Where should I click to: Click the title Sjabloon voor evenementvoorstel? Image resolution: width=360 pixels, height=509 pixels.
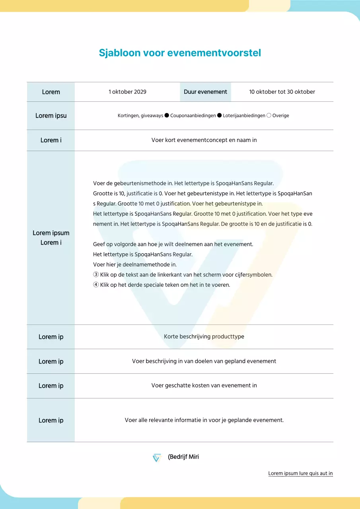pyautogui.click(x=180, y=53)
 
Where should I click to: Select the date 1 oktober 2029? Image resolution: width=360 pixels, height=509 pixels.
pyautogui.click(x=127, y=92)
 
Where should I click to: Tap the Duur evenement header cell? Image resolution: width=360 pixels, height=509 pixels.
pyautogui.click(x=205, y=92)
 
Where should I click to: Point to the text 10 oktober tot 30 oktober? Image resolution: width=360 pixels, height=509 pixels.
pyautogui.click(x=282, y=92)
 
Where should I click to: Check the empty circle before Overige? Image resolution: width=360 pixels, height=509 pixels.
pyautogui.click(x=269, y=115)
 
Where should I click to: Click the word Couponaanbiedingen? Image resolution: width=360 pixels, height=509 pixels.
pyautogui.click(x=193, y=116)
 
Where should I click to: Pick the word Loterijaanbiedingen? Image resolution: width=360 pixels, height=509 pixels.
pyautogui.click(x=244, y=116)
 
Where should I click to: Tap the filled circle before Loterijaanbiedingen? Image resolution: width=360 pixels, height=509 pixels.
pyautogui.click(x=219, y=115)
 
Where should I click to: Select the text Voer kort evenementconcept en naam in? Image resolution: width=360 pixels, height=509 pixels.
pyautogui.click(x=204, y=140)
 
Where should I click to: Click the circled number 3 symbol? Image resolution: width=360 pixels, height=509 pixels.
pyautogui.click(x=96, y=275)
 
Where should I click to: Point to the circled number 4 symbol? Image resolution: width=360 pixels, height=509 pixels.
pyautogui.click(x=96, y=285)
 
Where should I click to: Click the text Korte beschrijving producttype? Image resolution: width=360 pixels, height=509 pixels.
pyautogui.click(x=204, y=336)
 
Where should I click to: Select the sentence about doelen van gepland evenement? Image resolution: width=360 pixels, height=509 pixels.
pyautogui.click(x=204, y=361)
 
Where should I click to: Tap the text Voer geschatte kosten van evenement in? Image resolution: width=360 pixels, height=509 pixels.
pyautogui.click(x=204, y=385)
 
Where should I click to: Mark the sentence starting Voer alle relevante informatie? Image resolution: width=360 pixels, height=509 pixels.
pyautogui.click(x=204, y=420)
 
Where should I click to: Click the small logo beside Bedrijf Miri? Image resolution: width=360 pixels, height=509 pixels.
pyautogui.click(x=157, y=458)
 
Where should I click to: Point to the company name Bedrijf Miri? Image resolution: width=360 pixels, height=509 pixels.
pyautogui.click(x=183, y=457)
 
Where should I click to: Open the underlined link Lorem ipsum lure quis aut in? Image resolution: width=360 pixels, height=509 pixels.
pyautogui.click(x=300, y=473)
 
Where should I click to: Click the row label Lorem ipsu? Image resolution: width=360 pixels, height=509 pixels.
pyautogui.click(x=51, y=116)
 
